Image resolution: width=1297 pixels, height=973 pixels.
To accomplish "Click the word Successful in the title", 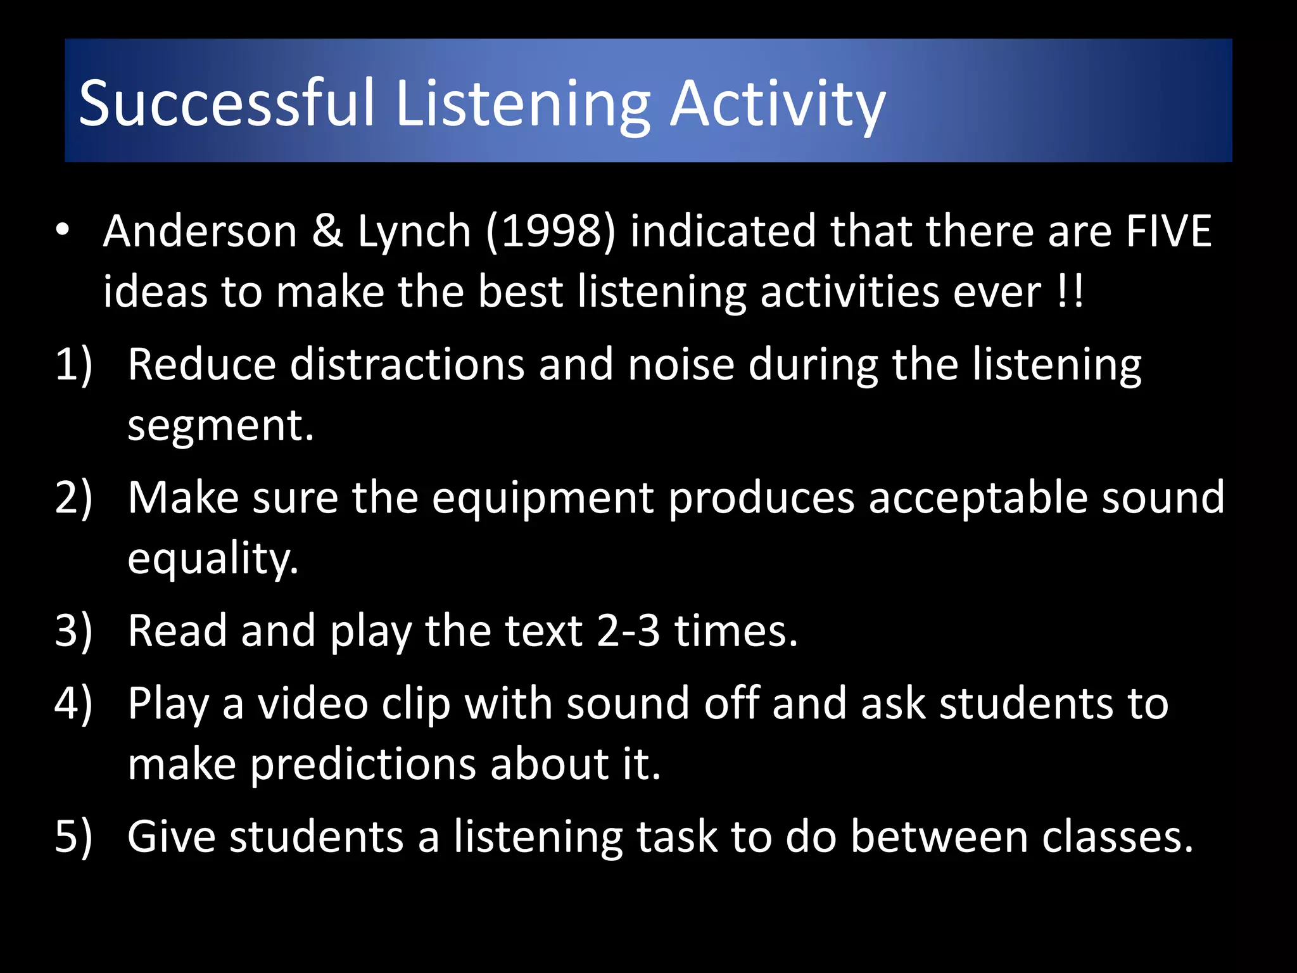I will (227, 103).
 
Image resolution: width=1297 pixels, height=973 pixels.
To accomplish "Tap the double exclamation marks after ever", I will (1070, 292).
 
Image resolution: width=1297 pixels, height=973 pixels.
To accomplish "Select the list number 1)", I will (73, 365).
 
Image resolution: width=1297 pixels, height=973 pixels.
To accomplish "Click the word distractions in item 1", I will (407, 365).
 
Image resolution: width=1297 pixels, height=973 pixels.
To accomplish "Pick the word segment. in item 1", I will (220, 426).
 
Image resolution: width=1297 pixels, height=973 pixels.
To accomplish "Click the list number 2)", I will (73, 498).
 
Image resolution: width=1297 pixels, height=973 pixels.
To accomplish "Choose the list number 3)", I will (73, 631).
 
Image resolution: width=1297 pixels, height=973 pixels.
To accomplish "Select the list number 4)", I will (73, 703).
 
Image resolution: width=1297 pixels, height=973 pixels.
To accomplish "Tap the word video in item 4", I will (312, 703).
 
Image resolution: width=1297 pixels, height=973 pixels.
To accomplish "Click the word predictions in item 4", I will (363, 765).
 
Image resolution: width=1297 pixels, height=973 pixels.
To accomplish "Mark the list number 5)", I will (73, 836).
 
